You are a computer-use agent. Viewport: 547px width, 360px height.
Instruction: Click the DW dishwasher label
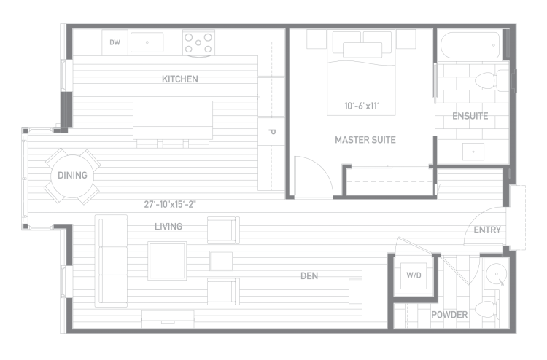pos(115,42)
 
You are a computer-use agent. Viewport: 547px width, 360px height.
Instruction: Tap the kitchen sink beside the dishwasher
pos(147,42)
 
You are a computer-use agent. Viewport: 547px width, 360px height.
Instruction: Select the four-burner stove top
pos(198,43)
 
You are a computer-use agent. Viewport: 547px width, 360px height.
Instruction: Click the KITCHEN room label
pos(180,79)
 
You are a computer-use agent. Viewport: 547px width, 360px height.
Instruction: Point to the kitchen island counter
pos(173,120)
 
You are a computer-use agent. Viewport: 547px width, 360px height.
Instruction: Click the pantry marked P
pos(271,132)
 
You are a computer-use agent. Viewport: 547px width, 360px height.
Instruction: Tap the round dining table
pos(72,176)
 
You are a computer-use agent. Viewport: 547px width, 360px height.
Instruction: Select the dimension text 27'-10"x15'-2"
pos(170,204)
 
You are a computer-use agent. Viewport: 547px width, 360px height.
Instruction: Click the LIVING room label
pos(168,227)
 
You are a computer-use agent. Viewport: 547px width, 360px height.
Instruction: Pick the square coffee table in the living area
pos(167,261)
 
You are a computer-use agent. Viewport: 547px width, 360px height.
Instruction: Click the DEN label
pos(309,276)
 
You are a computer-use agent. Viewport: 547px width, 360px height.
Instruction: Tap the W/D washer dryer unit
pos(414,275)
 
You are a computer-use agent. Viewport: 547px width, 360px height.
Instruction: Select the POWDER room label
pos(449,315)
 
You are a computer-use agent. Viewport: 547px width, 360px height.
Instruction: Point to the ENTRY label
pos(487,230)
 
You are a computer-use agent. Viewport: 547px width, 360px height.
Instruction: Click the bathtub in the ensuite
pos(471,45)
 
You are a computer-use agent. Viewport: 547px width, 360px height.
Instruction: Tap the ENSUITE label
pos(470,116)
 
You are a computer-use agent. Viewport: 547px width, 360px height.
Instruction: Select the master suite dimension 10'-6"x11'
pos(362,106)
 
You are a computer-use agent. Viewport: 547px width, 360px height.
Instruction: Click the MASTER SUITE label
pos(365,140)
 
